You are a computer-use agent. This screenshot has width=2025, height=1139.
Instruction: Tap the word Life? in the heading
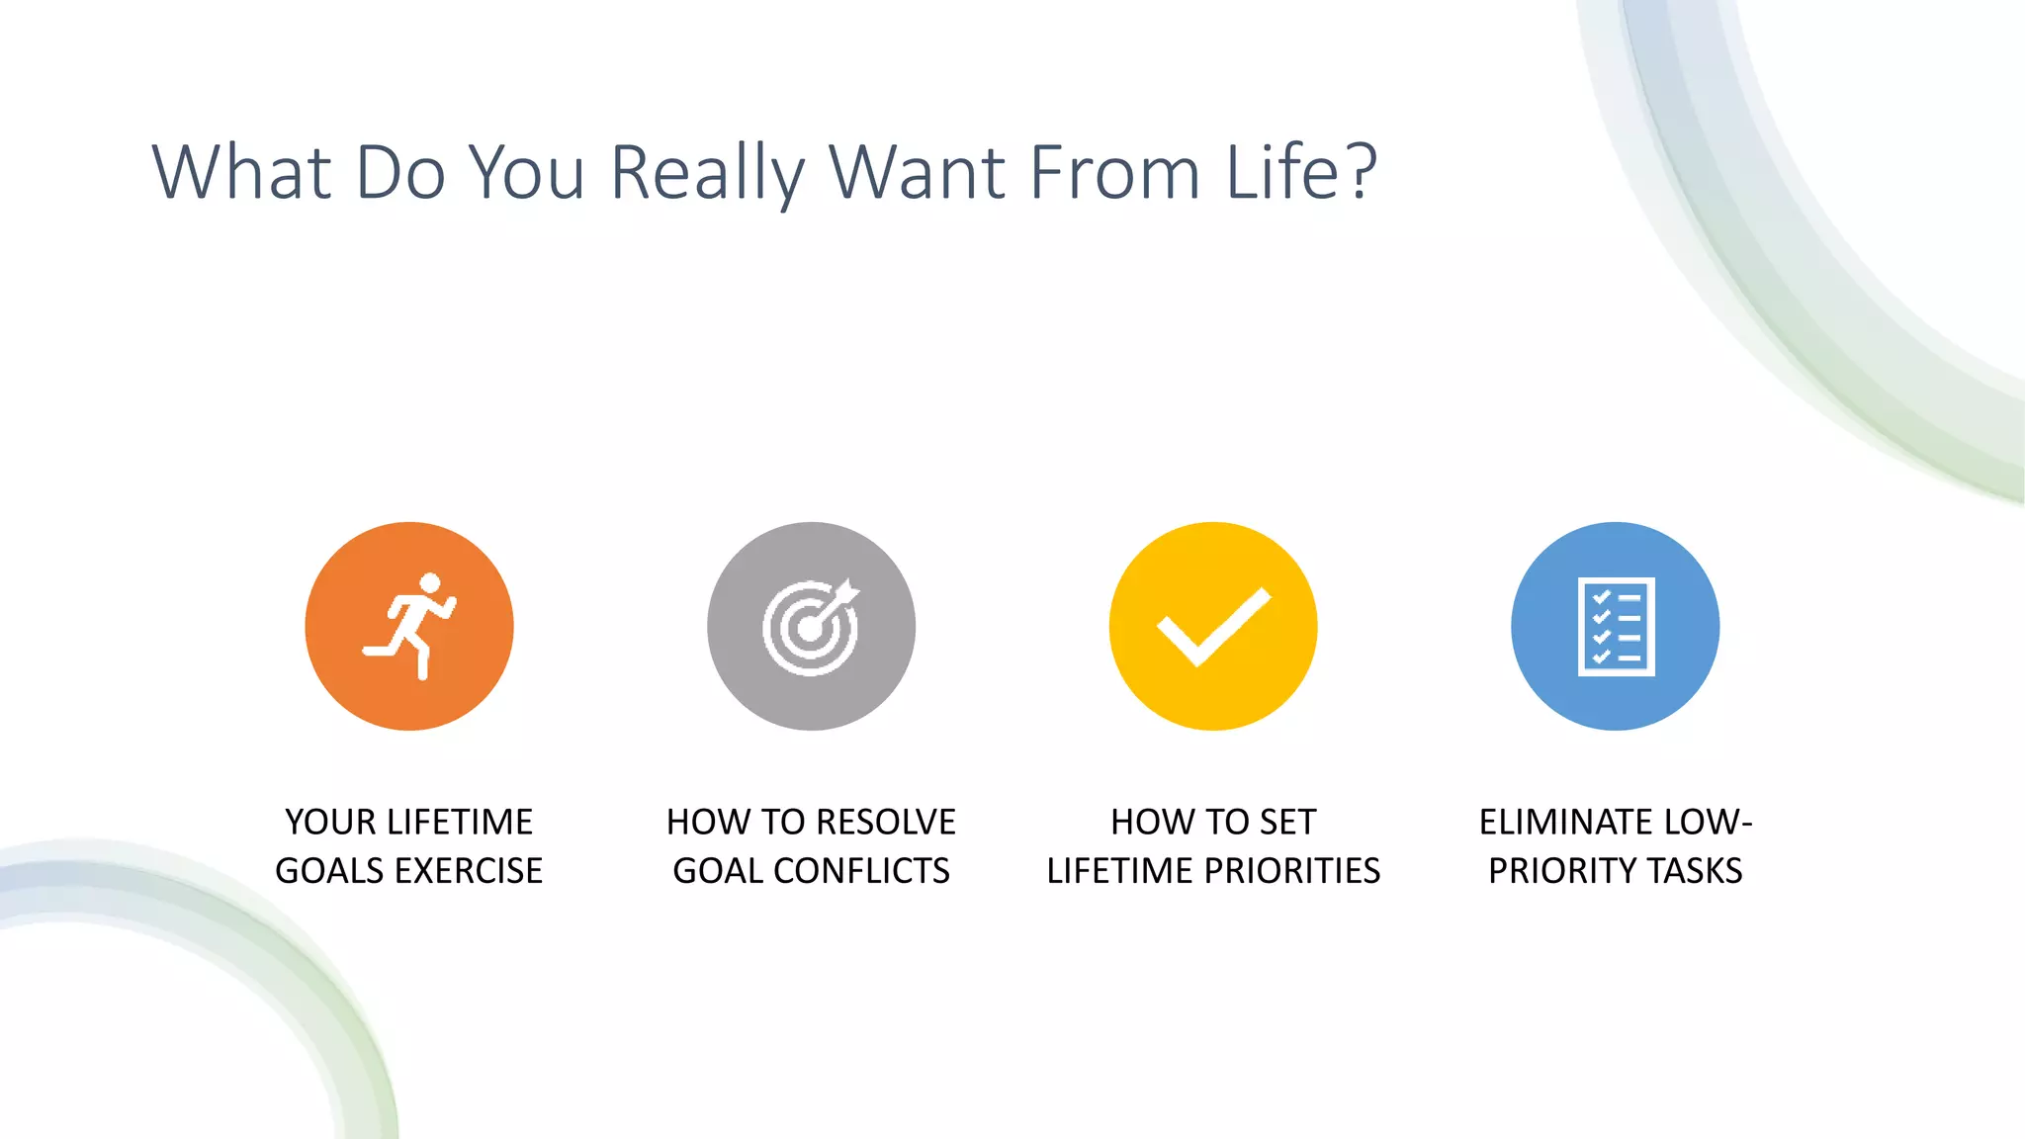pyautogui.click(x=1301, y=173)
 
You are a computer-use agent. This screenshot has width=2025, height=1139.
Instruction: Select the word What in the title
pyautogui.click(x=241, y=173)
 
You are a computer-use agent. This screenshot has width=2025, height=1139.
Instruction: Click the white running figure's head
pyautogui.click(x=430, y=583)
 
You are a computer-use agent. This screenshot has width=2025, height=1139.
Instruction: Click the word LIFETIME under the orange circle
pyautogui.click(x=460, y=822)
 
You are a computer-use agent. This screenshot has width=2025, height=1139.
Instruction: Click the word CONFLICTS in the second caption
pyautogui.click(x=861, y=870)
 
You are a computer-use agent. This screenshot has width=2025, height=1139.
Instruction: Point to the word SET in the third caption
pyautogui.click(x=1287, y=822)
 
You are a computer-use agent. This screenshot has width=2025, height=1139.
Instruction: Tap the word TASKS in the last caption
pyautogui.click(x=1696, y=870)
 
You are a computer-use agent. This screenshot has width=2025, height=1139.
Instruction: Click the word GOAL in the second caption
pyautogui.click(x=718, y=870)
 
